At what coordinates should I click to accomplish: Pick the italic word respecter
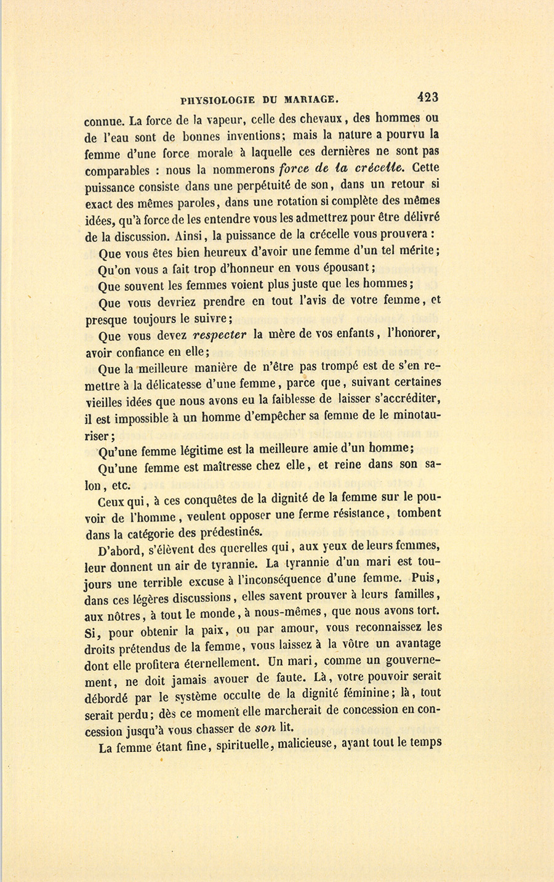coord(220,335)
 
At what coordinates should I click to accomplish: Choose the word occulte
coord(231,694)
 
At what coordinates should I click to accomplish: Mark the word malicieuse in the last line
coord(295,744)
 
